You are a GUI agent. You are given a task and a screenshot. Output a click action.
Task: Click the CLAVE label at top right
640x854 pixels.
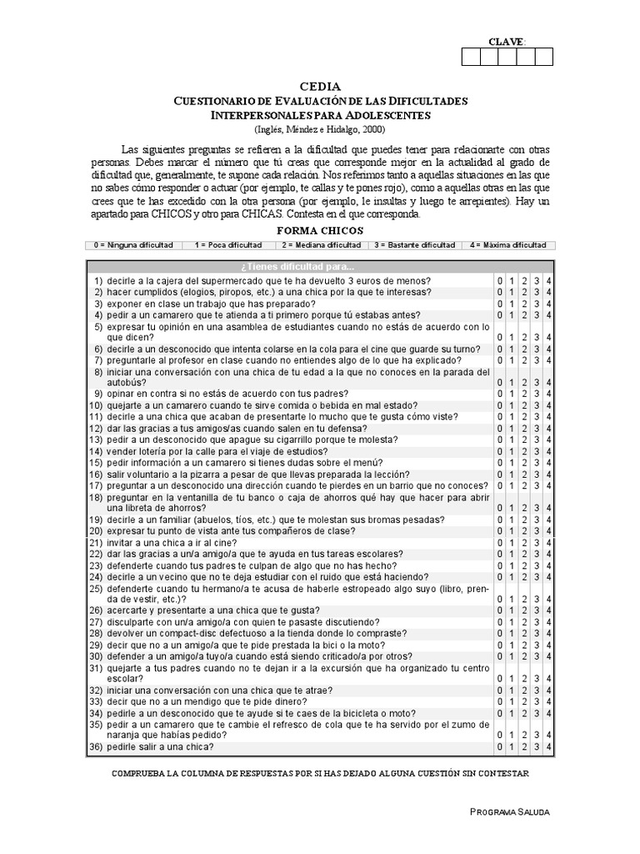(506, 41)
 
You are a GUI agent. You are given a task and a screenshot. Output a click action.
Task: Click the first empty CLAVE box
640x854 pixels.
(470, 57)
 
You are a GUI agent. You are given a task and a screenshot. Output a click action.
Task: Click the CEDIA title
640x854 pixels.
(320, 86)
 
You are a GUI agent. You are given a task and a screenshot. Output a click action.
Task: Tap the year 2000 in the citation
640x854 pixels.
(372, 129)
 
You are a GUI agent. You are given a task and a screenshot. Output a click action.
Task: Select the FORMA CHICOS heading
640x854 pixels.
(320, 230)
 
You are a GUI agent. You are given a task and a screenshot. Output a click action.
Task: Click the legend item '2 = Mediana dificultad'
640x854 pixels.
(321, 245)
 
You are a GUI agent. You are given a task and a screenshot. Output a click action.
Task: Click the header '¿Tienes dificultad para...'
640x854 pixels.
(320, 267)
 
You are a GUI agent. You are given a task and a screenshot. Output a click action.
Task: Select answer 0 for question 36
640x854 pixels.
(499, 746)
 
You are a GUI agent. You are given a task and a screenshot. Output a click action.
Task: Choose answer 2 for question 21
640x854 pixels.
(524, 543)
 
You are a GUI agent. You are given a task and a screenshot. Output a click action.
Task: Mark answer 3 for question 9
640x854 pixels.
(537, 394)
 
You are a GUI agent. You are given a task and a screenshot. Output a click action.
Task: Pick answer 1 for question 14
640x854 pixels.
(512, 451)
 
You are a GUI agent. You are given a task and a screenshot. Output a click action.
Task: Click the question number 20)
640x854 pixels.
(97, 530)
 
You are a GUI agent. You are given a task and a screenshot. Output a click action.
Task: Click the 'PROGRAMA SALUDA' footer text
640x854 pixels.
(509, 812)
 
